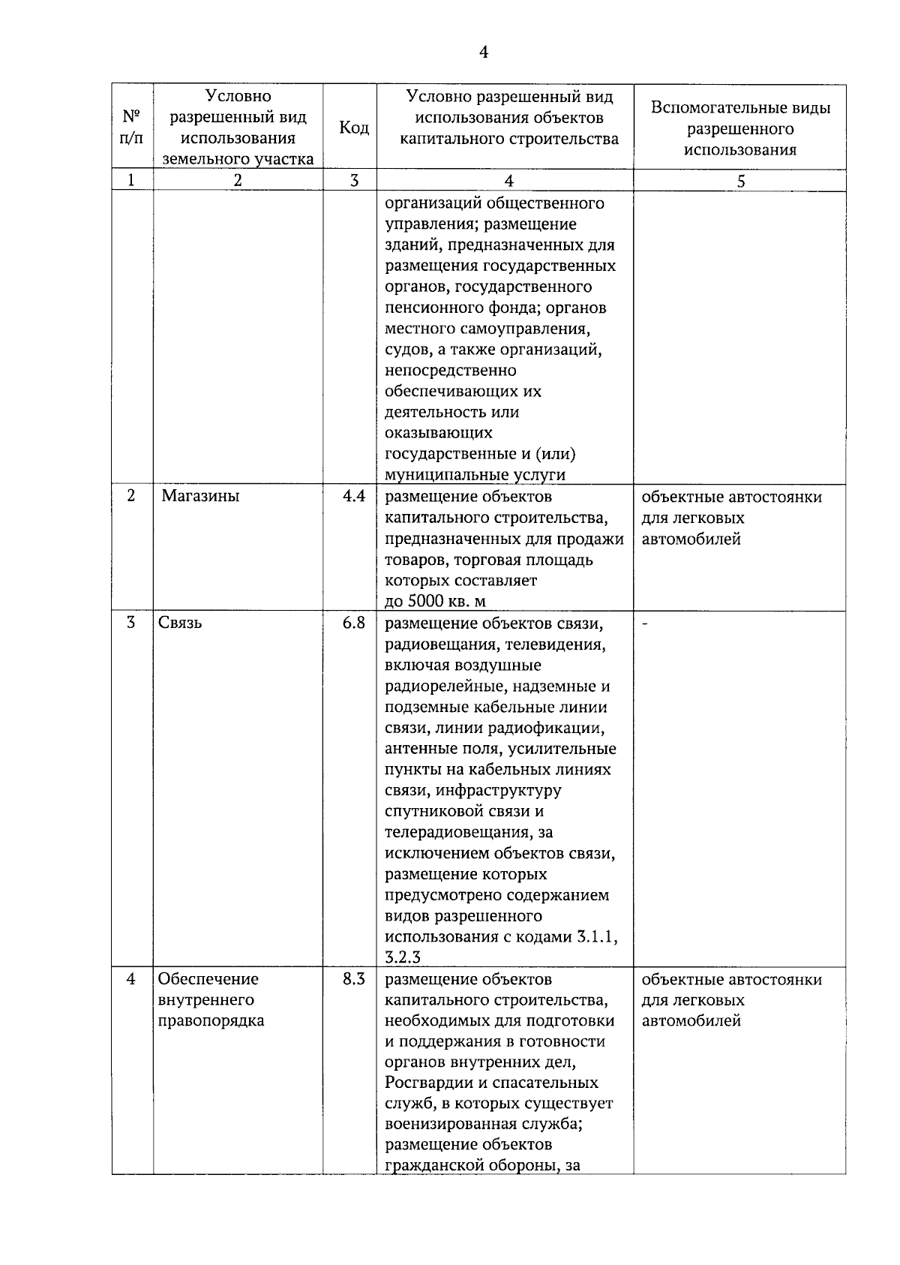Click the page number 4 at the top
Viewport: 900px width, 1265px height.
[483, 52]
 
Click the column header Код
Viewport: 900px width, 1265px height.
[354, 128]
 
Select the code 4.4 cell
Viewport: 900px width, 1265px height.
[354, 496]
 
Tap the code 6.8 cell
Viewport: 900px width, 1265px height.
[354, 623]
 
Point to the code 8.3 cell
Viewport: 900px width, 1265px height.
[354, 978]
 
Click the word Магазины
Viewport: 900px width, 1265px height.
[200, 496]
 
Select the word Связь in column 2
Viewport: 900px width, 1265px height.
[180, 623]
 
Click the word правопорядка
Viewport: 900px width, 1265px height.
[211, 1020]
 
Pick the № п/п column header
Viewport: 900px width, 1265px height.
[132, 128]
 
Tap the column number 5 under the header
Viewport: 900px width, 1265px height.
[740, 181]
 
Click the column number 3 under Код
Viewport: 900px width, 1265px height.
[354, 181]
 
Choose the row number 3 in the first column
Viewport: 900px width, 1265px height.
[132, 623]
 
